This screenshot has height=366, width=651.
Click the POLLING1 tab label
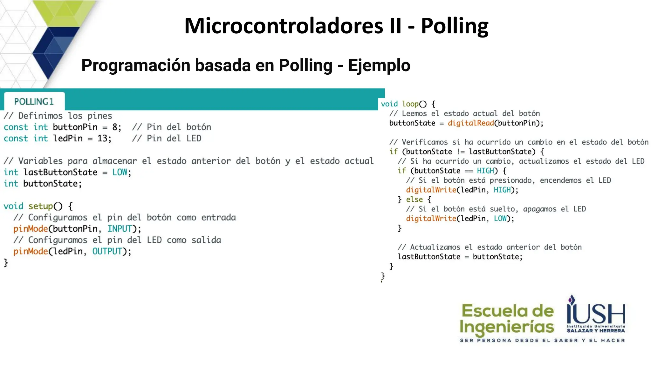pyautogui.click(x=34, y=102)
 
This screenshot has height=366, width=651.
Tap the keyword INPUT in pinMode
pyautogui.click(x=120, y=229)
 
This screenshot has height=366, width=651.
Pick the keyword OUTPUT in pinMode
pyautogui.click(x=107, y=251)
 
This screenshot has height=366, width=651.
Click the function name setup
pyautogui.click(x=40, y=206)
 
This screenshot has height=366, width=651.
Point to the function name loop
pyautogui.click(x=410, y=104)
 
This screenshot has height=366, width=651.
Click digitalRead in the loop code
pyautogui.click(x=470, y=123)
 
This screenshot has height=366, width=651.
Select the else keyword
pyautogui.click(x=414, y=200)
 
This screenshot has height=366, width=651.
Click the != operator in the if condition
pyautogui.click(x=461, y=152)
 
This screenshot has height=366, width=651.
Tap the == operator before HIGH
pyautogui.click(x=469, y=171)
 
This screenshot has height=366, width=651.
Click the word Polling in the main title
pyautogui.click(x=455, y=26)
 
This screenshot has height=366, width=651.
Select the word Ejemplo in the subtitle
pyautogui.click(x=379, y=65)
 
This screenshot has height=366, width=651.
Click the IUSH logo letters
pyautogui.click(x=596, y=313)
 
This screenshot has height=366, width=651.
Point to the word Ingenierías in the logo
pyautogui.click(x=506, y=327)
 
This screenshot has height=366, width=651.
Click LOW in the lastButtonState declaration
pyautogui.click(x=120, y=173)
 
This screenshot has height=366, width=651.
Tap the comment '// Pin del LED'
pyautogui.click(x=167, y=139)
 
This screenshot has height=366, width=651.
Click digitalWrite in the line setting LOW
pyautogui.click(x=431, y=219)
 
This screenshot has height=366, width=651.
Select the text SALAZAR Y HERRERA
pyautogui.click(x=596, y=331)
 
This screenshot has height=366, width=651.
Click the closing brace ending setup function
pyautogui.click(x=6, y=262)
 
